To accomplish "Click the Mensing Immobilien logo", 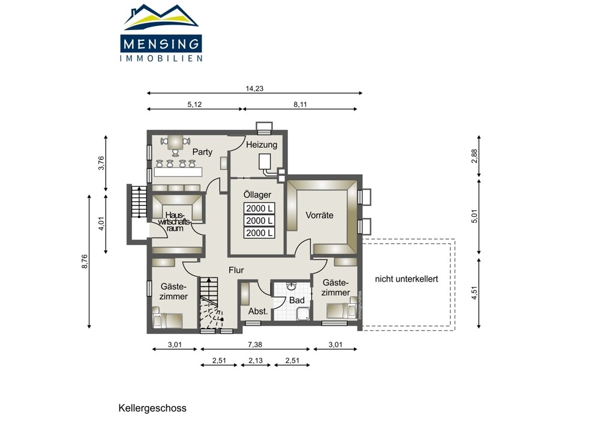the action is pos(161,33).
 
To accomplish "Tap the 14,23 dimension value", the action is pos(254,88).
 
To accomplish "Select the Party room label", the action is pos(202,152).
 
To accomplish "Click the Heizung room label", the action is pos(262,145).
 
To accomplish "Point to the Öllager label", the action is pos(257,195).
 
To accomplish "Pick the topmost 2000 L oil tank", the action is pos(259,208).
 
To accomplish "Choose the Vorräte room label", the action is pos(320,215).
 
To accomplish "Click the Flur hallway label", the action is pos(236,270).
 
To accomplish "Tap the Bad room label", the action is pos(296,300).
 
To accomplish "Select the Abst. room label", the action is pos(258,311).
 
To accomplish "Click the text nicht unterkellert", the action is pos(406,279).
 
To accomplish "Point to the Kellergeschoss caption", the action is pos(152,408).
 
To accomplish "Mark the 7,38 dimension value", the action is pos(255,345).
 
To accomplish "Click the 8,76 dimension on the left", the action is pos(85,261).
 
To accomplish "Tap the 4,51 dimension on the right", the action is pos(475,292).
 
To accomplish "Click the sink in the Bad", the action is pos(292,286).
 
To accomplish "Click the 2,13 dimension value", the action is pos(256,360).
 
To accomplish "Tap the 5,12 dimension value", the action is pos(194,104).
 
